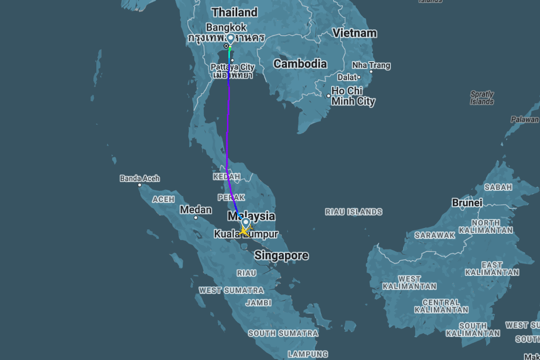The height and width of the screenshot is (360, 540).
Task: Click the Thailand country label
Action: click(234, 12)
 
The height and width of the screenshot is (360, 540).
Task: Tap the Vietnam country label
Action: click(355, 33)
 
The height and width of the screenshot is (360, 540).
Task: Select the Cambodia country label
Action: click(300, 64)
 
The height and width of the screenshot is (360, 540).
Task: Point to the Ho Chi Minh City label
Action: click(353, 96)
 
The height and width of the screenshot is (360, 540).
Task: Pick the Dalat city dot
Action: click(359, 77)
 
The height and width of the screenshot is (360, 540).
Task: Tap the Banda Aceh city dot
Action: click(139, 185)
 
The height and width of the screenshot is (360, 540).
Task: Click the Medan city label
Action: click(196, 210)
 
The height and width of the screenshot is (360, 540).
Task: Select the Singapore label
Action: click(281, 255)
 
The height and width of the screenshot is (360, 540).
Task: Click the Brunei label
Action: click(467, 202)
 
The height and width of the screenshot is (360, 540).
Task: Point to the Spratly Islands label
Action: click(482, 98)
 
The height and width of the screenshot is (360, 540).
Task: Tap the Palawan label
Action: click(524, 119)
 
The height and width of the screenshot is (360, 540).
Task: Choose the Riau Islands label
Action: click(354, 212)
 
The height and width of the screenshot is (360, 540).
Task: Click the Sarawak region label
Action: click(435, 235)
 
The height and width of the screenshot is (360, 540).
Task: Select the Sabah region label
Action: click(498, 187)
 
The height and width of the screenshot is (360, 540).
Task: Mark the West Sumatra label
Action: click(231, 290)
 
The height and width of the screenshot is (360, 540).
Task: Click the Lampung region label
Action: click(308, 354)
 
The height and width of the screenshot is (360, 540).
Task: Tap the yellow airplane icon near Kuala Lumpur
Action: click(244, 231)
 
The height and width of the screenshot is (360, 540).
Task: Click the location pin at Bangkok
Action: click(230, 39)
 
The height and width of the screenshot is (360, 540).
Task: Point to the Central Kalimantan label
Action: click(441, 306)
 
